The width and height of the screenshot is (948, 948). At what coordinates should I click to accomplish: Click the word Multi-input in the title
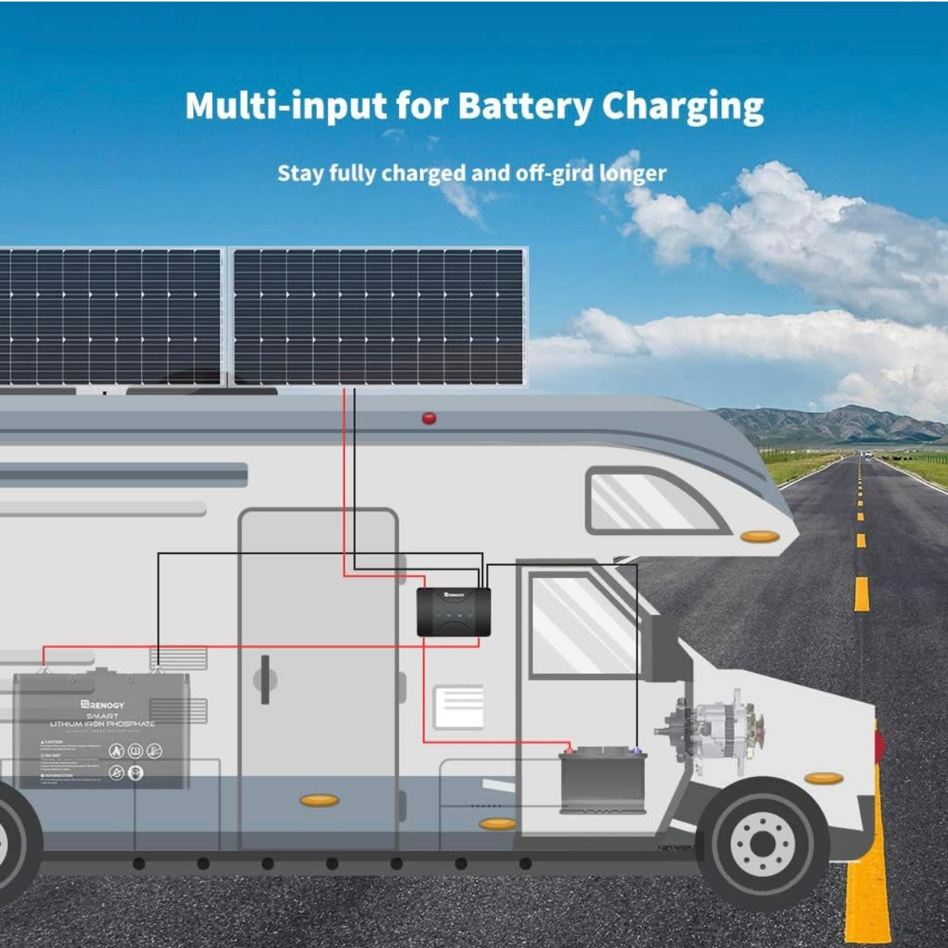click(285, 105)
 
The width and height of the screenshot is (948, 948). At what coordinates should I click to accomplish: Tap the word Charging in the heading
click(682, 107)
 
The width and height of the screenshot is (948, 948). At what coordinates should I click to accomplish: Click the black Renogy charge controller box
click(453, 612)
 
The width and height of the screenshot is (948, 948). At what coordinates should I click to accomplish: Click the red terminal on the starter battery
click(569, 750)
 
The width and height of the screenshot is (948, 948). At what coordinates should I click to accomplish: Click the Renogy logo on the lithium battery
click(102, 704)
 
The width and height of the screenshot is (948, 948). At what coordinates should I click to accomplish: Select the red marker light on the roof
click(429, 418)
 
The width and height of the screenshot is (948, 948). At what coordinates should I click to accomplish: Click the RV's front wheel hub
click(762, 843)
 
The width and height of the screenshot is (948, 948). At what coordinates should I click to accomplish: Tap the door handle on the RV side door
click(265, 679)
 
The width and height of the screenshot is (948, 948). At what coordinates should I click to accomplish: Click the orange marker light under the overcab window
click(759, 537)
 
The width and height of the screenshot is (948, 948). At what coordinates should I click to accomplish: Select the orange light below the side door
click(319, 800)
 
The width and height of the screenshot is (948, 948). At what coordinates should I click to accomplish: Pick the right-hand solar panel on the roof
click(379, 316)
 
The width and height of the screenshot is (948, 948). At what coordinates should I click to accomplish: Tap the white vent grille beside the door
click(459, 707)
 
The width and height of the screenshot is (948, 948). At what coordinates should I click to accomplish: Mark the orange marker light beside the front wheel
click(824, 779)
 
